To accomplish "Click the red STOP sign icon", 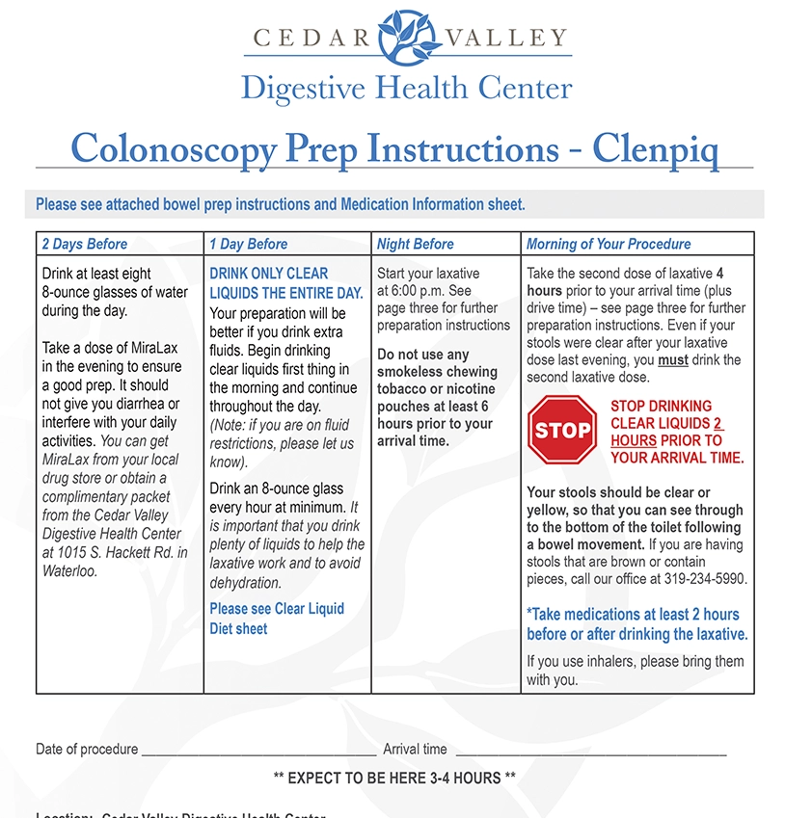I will click(563, 431).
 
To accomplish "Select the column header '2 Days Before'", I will click(85, 244).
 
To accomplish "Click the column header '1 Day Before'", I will click(249, 244).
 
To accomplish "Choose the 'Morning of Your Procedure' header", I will click(609, 244).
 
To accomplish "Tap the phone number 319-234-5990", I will click(705, 579).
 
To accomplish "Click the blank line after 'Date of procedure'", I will click(258, 751).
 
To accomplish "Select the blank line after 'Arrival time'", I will click(590, 751).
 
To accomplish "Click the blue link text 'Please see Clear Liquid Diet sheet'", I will click(277, 619).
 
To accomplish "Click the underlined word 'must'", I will click(673, 360).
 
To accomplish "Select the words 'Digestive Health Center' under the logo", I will click(406, 89).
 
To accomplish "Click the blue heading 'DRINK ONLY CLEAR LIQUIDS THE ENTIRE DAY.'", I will click(286, 283).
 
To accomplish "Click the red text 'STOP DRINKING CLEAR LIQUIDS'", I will click(662, 414).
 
